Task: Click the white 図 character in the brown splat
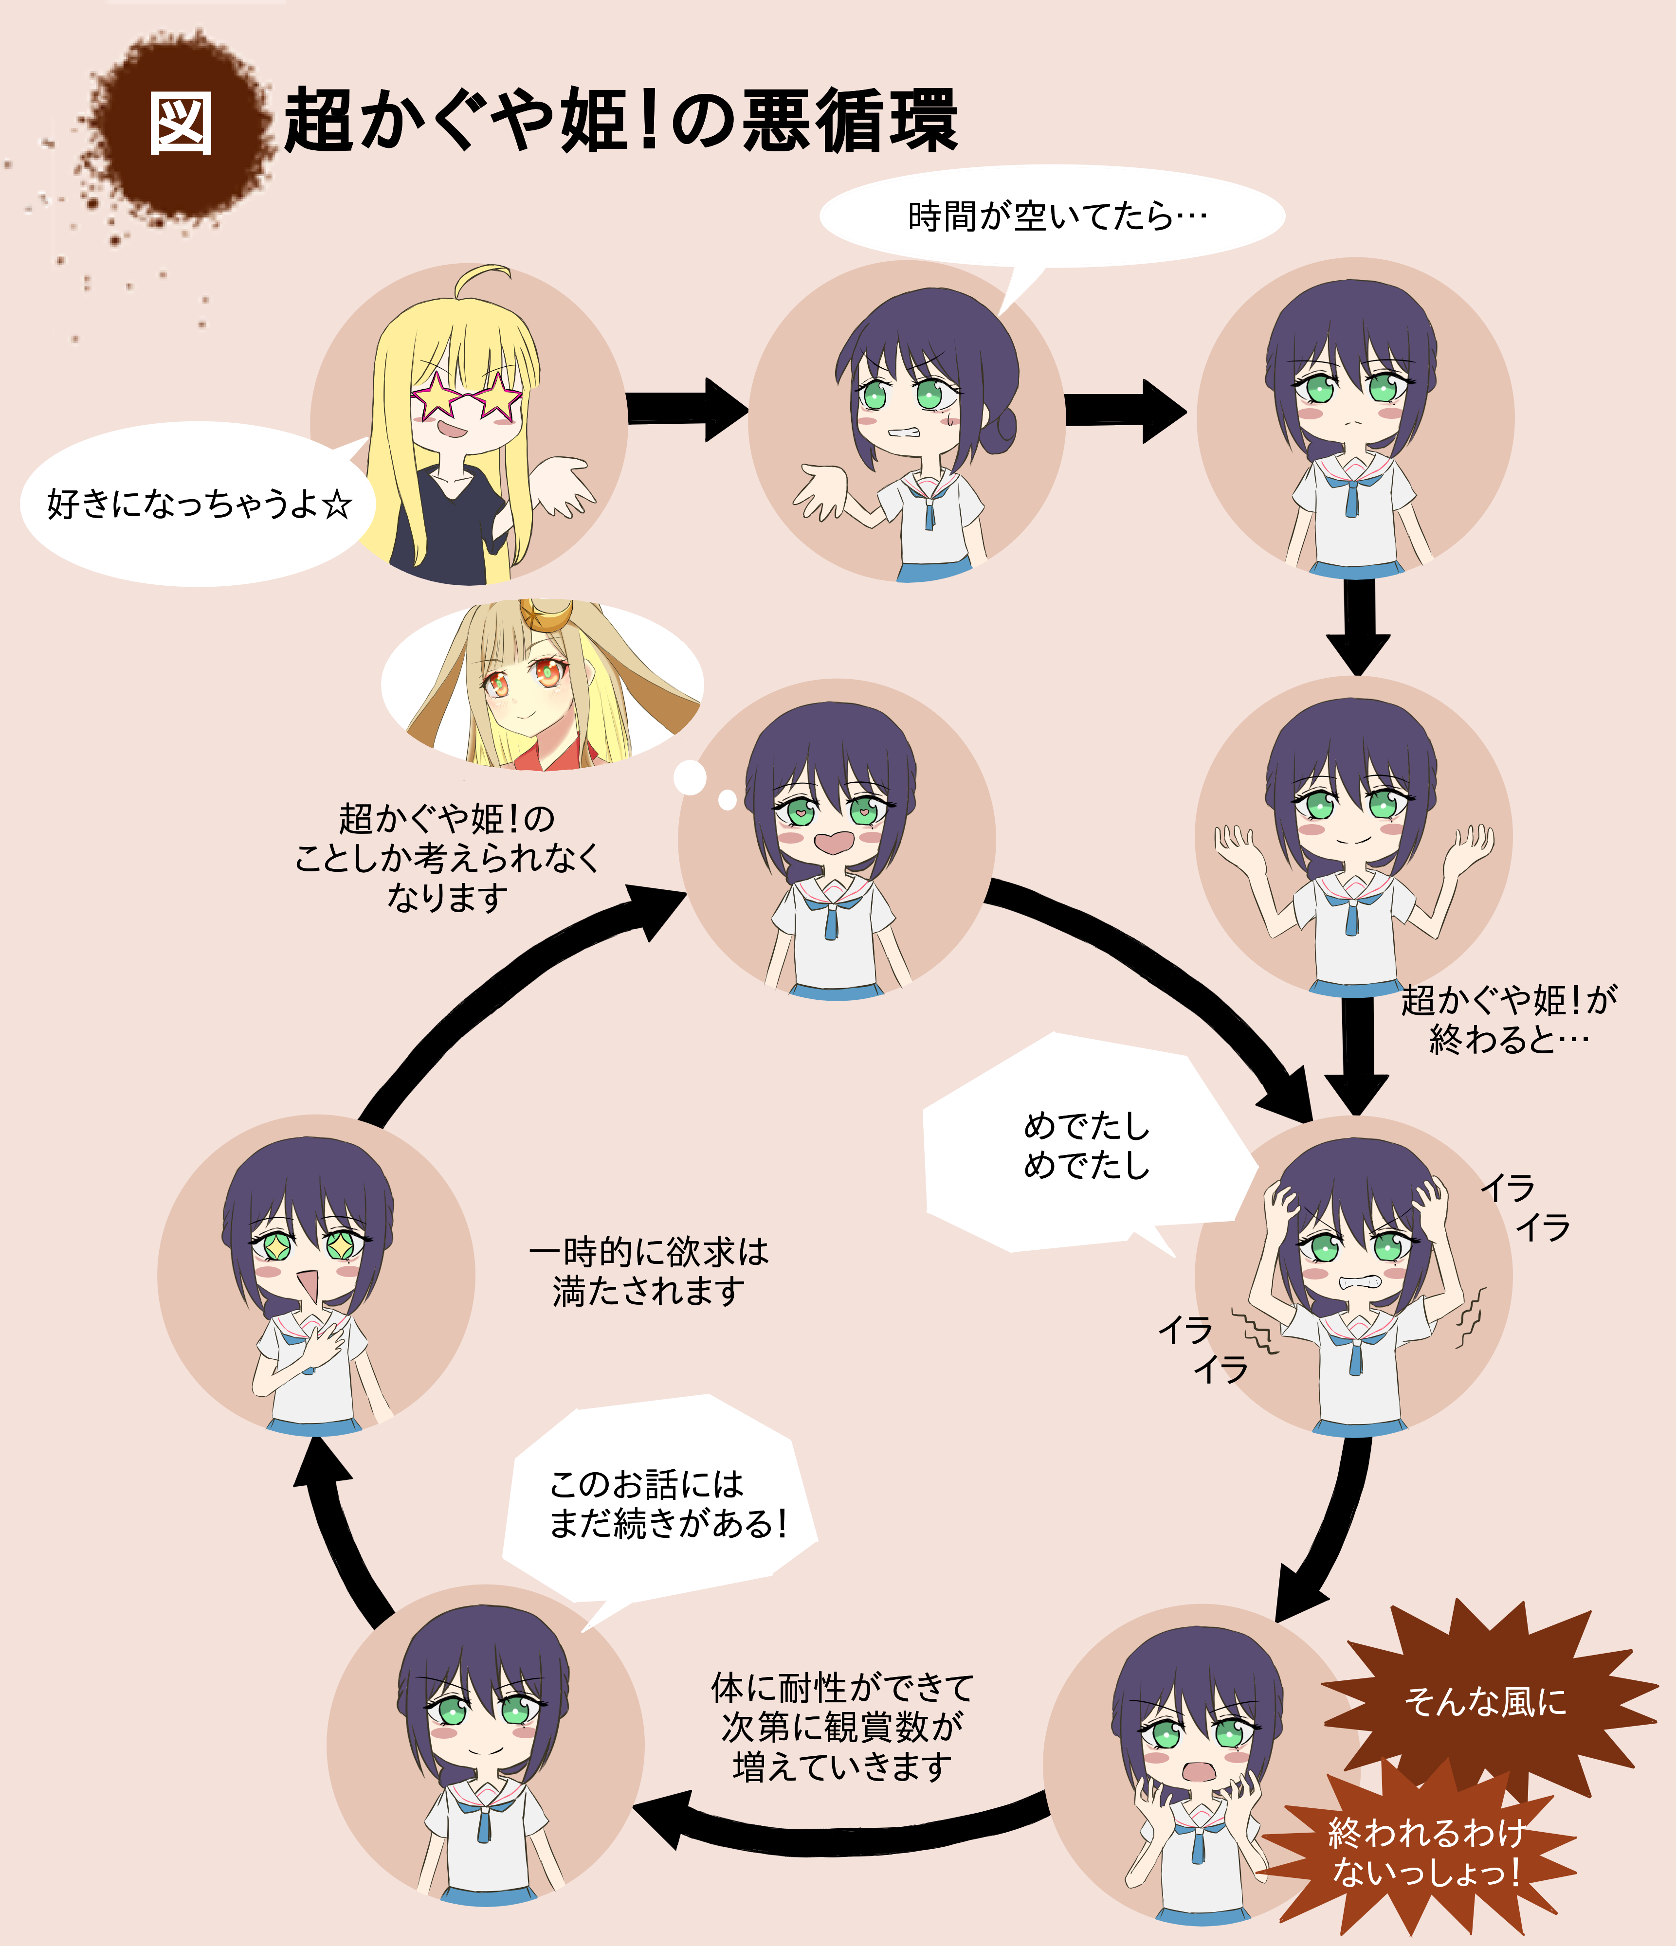181,124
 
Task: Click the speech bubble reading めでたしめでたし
1085,1146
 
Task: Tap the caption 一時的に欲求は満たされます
648,1272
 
